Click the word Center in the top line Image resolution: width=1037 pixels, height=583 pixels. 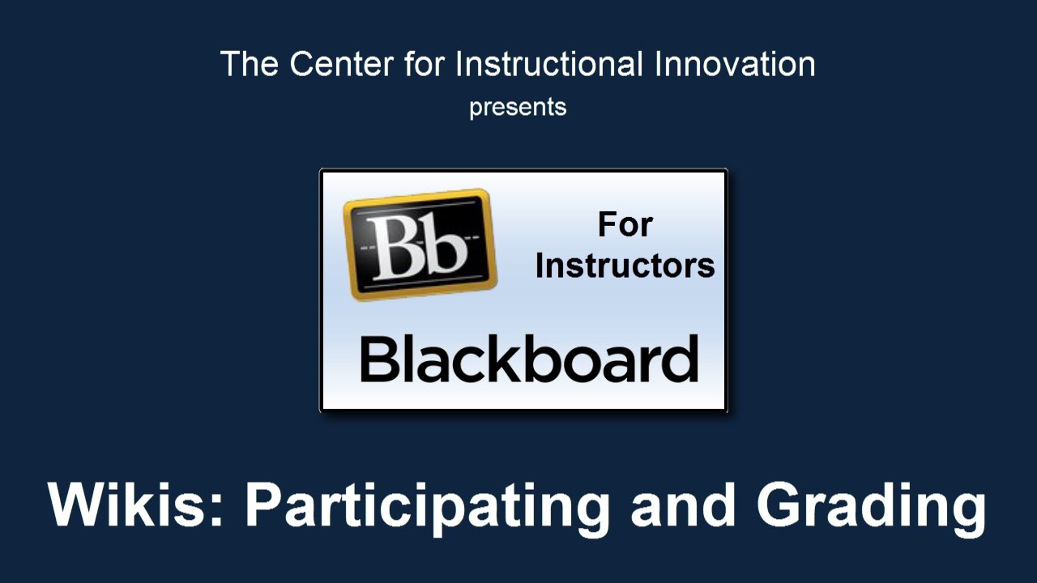pyautogui.click(x=342, y=64)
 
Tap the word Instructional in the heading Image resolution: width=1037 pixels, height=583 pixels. pyautogui.click(x=549, y=63)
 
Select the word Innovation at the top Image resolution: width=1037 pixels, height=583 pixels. pyautogui.click(x=735, y=64)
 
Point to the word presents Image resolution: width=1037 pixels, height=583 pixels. pyautogui.click(x=518, y=109)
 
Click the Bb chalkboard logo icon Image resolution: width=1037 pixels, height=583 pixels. pyautogui.click(x=420, y=245)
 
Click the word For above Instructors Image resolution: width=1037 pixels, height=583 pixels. pyautogui.click(x=625, y=225)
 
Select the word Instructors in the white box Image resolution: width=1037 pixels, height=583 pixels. pyautogui.click(x=625, y=266)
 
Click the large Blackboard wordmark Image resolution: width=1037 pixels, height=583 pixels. pyautogui.click(x=529, y=359)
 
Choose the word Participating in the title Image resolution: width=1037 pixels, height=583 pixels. pyautogui.click(x=427, y=509)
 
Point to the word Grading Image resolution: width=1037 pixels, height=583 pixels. pyautogui.click(x=872, y=509)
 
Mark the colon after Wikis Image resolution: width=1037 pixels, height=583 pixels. pyautogui.click(x=216, y=510)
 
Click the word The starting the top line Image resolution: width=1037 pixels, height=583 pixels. pyautogui.click(x=249, y=64)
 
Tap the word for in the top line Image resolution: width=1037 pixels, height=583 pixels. pyautogui.click(x=425, y=64)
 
